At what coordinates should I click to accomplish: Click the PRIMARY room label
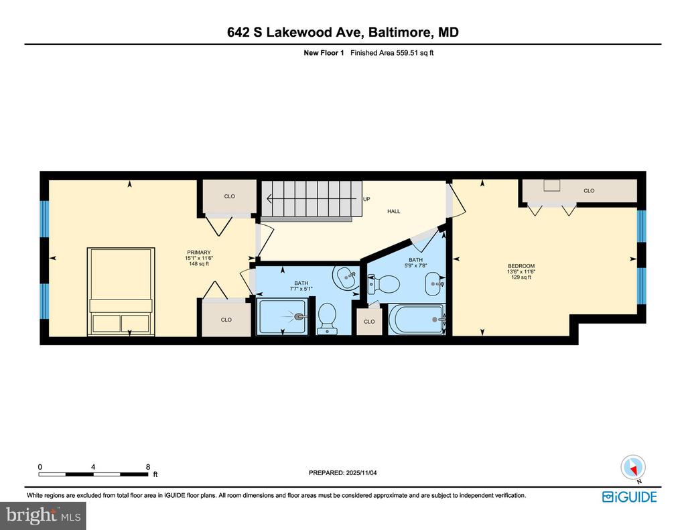(x=198, y=253)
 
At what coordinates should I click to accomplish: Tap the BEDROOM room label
(x=521, y=266)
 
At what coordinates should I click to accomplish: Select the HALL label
(x=394, y=211)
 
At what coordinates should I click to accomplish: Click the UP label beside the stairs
(x=366, y=199)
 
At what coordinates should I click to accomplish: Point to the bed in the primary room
(x=121, y=291)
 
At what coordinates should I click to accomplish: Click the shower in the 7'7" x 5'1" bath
(x=284, y=316)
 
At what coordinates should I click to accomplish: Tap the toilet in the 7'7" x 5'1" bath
(x=326, y=318)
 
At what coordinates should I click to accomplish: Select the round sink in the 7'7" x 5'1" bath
(x=346, y=277)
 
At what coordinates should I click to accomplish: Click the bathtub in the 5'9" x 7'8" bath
(x=416, y=320)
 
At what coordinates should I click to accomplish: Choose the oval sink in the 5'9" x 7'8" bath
(x=434, y=283)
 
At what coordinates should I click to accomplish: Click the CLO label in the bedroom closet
(x=589, y=191)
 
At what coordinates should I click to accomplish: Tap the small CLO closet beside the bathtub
(x=369, y=322)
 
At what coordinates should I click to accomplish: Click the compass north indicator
(x=633, y=468)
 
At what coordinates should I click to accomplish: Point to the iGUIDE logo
(x=630, y=497)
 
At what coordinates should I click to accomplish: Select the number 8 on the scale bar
(x=148, y=467)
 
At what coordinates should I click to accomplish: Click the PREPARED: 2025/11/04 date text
(x=342, y=472)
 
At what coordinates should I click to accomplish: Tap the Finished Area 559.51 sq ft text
(x=392, y=53)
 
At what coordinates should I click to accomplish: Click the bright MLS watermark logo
(x=44, y=515)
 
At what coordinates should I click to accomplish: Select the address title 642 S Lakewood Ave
(x=293, y=32)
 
